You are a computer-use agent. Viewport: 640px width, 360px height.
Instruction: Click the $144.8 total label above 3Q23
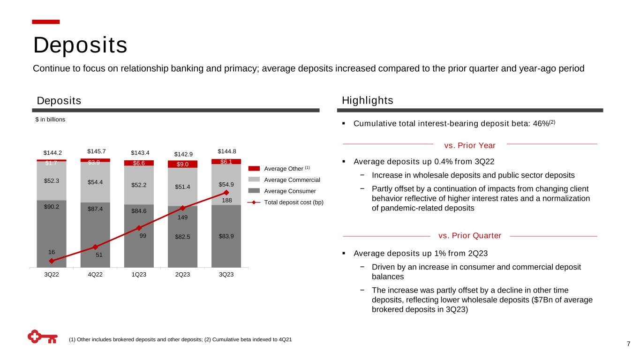pos(226,151)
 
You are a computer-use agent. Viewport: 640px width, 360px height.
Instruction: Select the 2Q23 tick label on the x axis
pos(182,275)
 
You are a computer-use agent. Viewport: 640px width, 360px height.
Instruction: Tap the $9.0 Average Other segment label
pos(182,164)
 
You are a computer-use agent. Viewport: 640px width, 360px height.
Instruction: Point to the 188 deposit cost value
pos(226,200)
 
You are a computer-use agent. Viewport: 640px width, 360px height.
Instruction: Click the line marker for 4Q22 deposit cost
pos(95,247)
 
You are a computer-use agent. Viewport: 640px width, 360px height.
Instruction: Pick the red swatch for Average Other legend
pos(255,168)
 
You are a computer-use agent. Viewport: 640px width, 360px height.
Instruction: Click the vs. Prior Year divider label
pos(469,145)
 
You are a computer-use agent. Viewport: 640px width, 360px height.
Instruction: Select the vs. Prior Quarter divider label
pos(470,235)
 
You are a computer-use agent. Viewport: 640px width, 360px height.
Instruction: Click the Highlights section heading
pos(368,101)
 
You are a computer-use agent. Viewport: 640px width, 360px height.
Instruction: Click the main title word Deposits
pos(80,45)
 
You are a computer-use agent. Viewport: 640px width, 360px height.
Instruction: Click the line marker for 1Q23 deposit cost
pos(139,228)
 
